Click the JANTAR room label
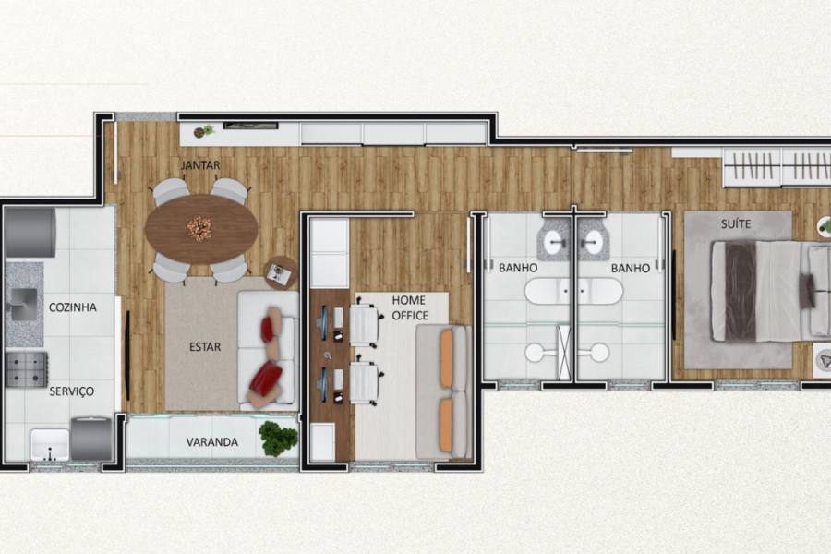(x=200, y=165)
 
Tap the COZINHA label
(x=73, y=307)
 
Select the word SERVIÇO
(x=71, y=391)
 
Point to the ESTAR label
(x=205, y=347)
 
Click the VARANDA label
(x=212, y=442)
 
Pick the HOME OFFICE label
(x=410, y=308)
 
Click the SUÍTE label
(x=736, y=224)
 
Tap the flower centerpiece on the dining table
(x=199, y=228)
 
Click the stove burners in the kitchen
(x=26, y=369)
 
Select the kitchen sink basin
(x=24, y=305)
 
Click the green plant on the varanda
(x=278, y=439)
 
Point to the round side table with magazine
(x=281, y=273)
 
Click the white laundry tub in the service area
(x=50, y=445)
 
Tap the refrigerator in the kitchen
(x=30, y=233)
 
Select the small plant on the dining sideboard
(x=203, y=131)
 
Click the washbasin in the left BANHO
(x=554, y=243)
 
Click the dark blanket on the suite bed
(x=741, y=291)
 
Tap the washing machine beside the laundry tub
(x=91, y=439)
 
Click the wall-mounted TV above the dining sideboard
(x=250, y=126)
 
